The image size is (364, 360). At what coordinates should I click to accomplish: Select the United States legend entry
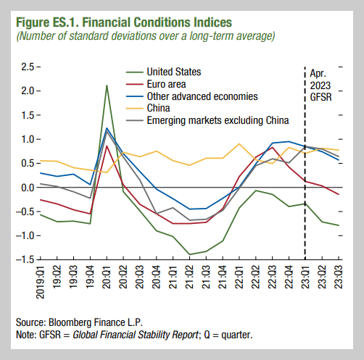pyautogui.click(x=173, y=72)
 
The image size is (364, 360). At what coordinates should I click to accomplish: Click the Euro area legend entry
pyautogui.click(x=166, y=84)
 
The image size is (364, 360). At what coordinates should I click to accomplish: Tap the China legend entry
pyautogui.click(x=160, y=108)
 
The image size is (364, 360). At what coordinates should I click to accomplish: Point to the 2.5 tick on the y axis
pyautogui.click(x=27, y=67)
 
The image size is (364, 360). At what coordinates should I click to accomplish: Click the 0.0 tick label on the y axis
pyautogui.click(x=27, y=188)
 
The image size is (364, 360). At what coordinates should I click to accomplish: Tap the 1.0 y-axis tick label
pyautogui.click(x=27, y=139)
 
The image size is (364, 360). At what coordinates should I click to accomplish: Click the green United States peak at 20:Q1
pyautogui.click(x=107, y=86)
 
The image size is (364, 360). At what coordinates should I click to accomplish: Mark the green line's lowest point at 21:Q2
pyautogui.click(x=189, y=254)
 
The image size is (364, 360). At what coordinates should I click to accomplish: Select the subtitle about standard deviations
pyautogui.click(x=145, y=35)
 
